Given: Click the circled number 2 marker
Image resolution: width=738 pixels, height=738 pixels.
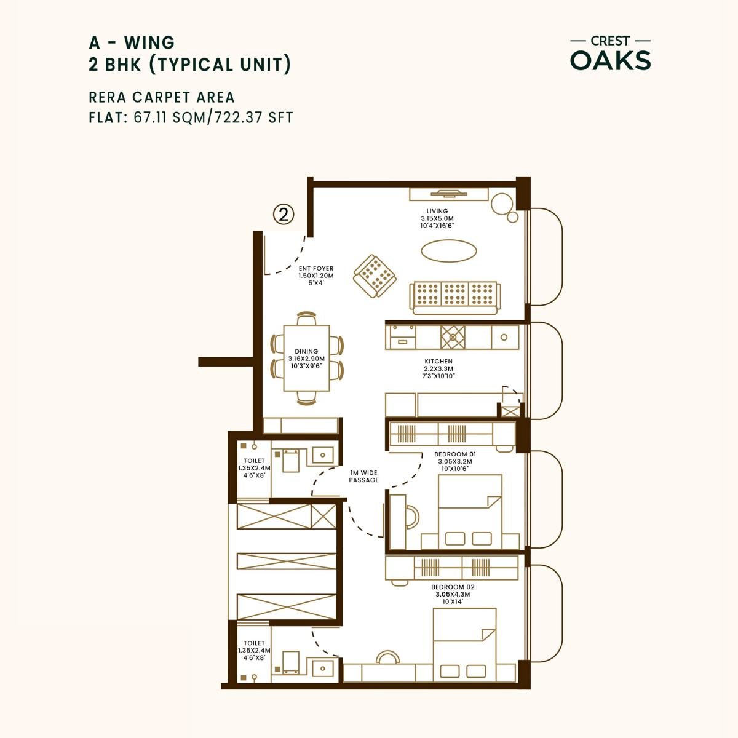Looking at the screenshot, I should click(x=283, y=215).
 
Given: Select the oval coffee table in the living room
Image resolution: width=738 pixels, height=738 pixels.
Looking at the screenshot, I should click(x=448, y=250).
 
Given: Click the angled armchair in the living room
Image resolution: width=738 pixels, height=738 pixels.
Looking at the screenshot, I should click(x=374, y=277).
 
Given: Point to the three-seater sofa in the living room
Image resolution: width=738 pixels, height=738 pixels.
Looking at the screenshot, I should click(x=455, y=296).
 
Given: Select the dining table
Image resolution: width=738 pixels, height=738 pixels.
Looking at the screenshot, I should click(x=306, y=358).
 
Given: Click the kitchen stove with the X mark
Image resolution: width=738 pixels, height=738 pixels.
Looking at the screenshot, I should click(x=453, y=336).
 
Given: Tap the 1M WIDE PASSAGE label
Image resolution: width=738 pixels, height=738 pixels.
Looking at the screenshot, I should click(x=364, y=476).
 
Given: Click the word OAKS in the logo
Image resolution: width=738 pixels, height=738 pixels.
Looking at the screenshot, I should click(x=610, y=60).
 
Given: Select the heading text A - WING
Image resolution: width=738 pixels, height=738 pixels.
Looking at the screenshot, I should click(x=132, y=42).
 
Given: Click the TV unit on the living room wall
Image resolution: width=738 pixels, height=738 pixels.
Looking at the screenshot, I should click(x=450, y=194).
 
